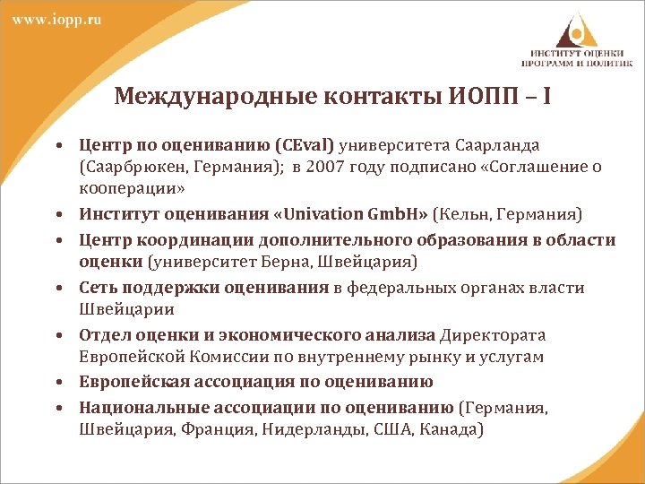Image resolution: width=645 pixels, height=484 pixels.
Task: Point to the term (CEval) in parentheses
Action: (x=305, y=145)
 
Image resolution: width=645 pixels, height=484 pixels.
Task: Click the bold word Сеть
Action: (x=99, y=288)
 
